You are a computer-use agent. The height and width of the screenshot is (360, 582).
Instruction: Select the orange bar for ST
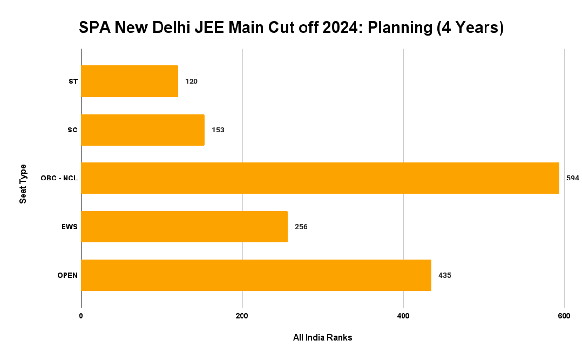pos(129,81)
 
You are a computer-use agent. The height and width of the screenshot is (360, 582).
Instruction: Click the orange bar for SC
pos(143,130)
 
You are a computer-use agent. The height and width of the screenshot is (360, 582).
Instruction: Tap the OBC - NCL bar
pos(320,178)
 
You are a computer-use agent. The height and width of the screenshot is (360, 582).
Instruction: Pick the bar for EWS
pos(184,227)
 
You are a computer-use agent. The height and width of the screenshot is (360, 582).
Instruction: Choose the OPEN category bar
pos(256,275)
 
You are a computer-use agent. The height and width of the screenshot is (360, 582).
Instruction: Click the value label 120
pos(191,82)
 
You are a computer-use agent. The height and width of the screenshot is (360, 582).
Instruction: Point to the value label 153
pos(218,130)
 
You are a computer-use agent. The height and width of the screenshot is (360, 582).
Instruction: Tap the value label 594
pos(572,178)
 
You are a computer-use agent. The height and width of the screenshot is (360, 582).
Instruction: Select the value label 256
pos(301,227)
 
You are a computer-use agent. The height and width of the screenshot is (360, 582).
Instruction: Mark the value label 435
pos(444,275)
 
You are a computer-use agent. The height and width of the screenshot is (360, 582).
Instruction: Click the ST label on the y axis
pos(73,82)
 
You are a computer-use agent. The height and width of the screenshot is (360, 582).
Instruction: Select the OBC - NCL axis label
pos(59,178)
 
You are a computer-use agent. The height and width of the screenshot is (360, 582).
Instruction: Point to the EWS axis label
pos(70,227)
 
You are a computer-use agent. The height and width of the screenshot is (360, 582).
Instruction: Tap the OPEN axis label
pos(67,275)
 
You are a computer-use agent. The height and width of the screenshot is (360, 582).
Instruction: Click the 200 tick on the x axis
pos(242,316)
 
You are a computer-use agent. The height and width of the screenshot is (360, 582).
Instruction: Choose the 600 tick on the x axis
pos(564,316)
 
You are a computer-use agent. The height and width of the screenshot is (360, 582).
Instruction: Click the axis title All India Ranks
pos(323,338)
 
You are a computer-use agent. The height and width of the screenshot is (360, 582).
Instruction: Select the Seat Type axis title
pos(23,184)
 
